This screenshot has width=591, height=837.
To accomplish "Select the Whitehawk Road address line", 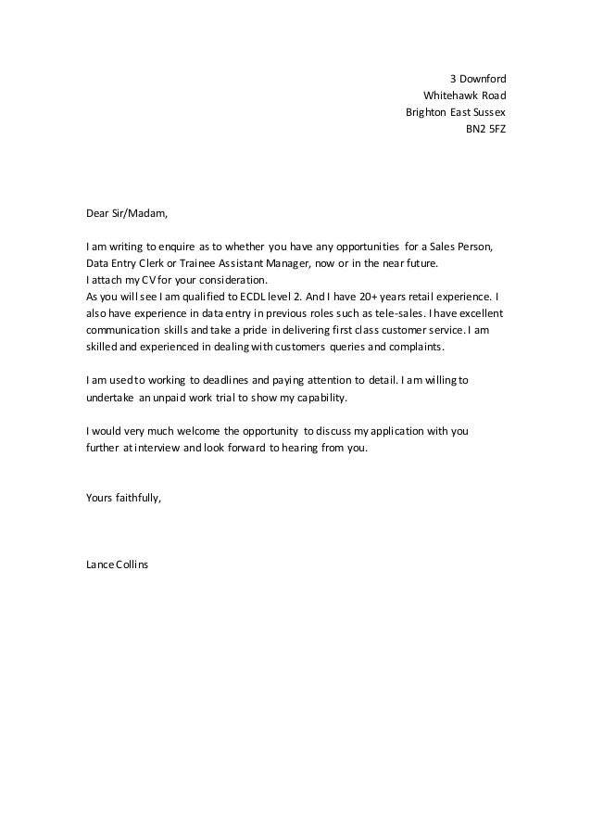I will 464,95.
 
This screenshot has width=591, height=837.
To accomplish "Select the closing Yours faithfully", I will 122,498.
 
